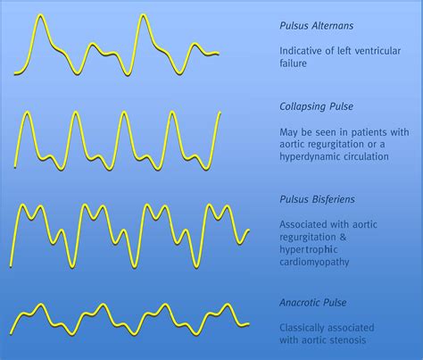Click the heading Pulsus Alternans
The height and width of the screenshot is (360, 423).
tap(317, 26)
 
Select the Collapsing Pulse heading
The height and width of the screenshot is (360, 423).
tap(317, 106)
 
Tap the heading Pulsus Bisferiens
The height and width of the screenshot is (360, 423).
tap(317, 199)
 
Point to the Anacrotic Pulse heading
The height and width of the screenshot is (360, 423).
tap(313, 303)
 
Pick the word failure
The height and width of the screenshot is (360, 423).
tap(293, 63)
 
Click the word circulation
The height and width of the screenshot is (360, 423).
tap(363, 156)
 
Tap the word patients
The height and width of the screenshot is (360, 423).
tap(369, 132)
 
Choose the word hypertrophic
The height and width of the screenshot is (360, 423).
tap(309, 250)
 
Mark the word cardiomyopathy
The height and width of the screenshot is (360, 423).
tap(314, 263)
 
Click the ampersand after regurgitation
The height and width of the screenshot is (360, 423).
tap(343, 238)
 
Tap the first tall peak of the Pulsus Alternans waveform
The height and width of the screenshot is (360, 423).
tap(41, 15)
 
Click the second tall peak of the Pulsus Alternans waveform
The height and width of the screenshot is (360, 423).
tap(144, 15)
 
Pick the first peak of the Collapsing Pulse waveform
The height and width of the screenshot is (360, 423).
tap(28, 113)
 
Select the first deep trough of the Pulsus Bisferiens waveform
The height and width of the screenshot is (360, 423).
tap(72, 266)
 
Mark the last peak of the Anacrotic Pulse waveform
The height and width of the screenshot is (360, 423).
tap(228, 305)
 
